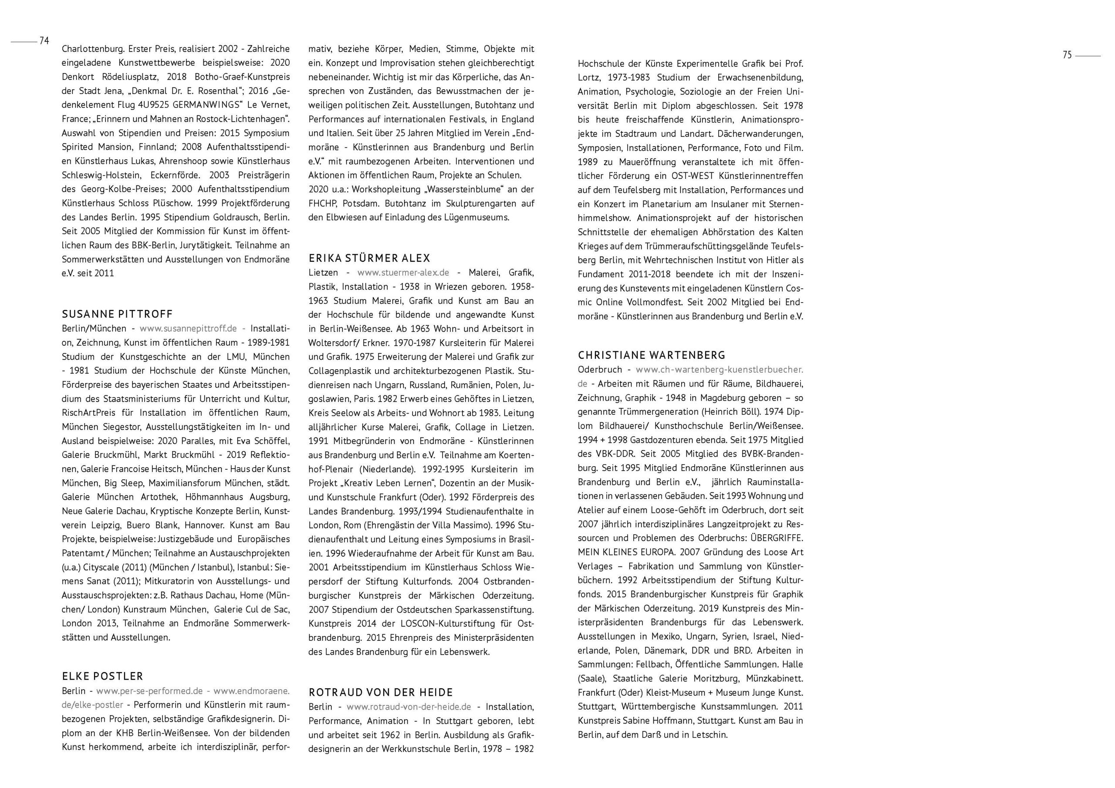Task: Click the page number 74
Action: (x=44, y=41)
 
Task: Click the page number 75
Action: (x=1067, y=55)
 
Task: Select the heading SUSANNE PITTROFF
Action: (x=117, y=314)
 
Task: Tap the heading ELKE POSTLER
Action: (x=102, y=676)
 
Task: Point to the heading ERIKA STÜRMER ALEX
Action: (x=369, y=258)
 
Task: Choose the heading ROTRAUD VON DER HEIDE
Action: (x=380, y=692)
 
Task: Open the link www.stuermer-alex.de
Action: (x=402, y=273)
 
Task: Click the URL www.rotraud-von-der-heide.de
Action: (x=409, y=707)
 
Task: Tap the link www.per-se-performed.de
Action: (x=149, y=691)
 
